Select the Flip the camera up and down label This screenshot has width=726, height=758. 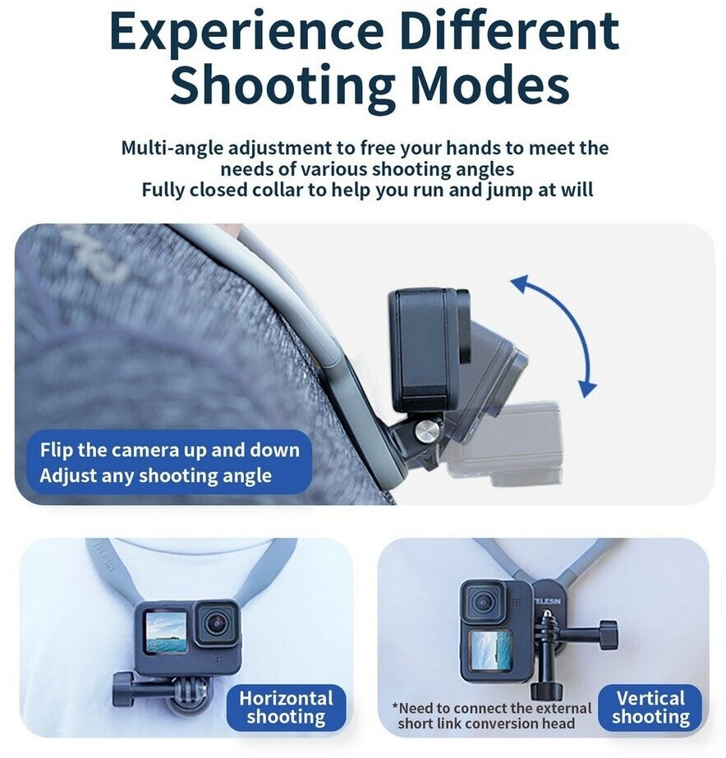pos(170,450)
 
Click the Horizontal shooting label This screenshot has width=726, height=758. pos(286,707)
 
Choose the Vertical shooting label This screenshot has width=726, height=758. pos(650,707)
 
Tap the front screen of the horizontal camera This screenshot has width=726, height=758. pos(166,632)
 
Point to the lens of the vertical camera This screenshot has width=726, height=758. pos(484,602)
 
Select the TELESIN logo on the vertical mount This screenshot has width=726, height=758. pos(548,601)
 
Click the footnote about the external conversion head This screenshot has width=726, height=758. pos(492,716)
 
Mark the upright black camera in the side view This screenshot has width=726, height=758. pos(429,350)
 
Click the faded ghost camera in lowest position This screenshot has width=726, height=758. pos(503,443)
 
